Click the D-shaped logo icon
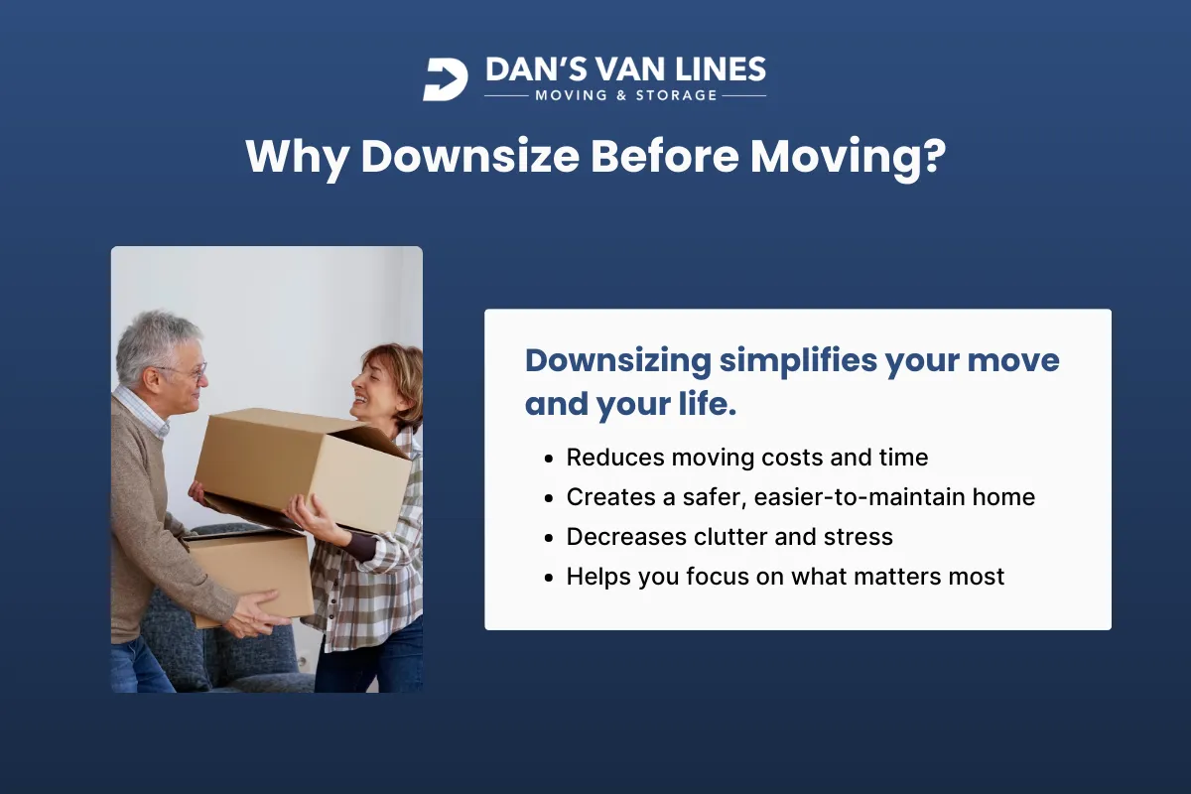(445, 78)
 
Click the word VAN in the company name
(622, 70)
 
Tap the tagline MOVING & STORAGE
(625, 96)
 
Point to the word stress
(859, 537)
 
